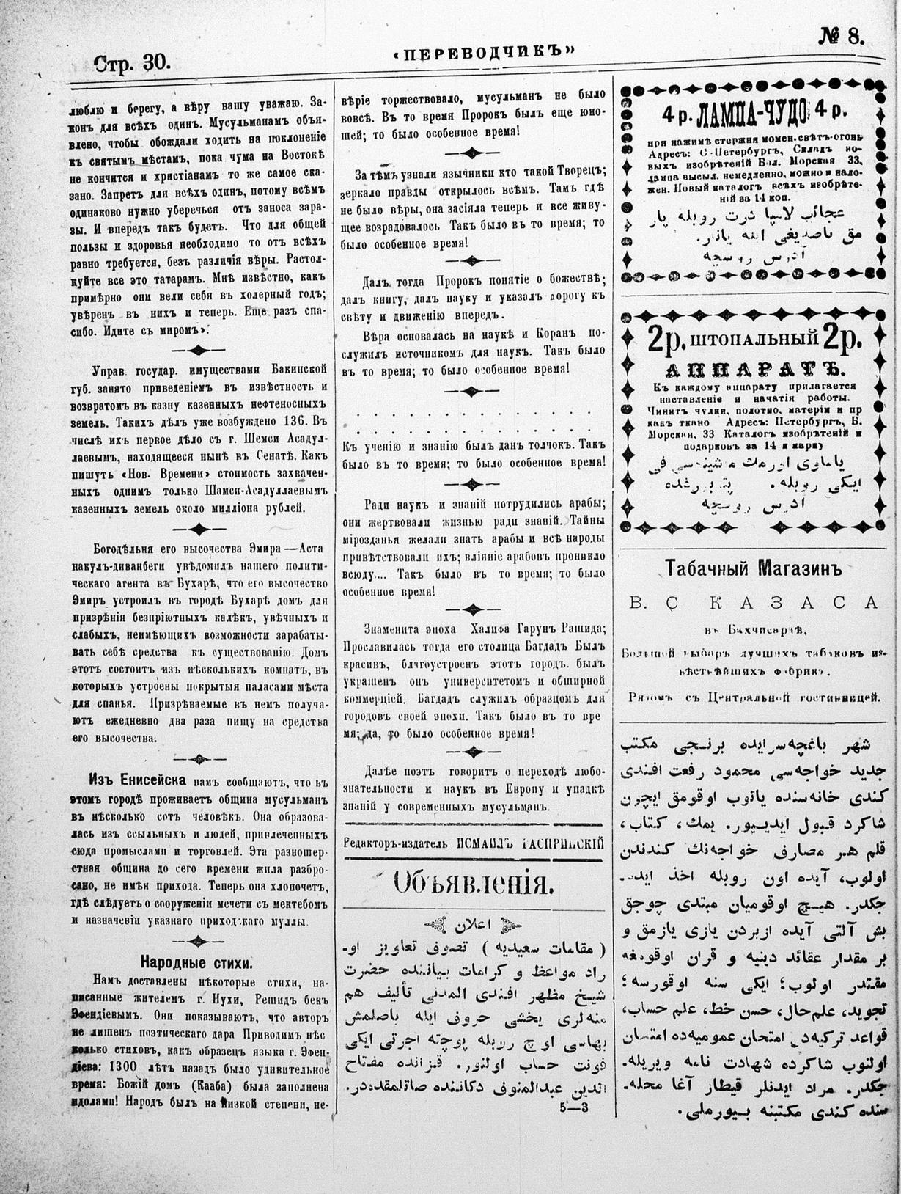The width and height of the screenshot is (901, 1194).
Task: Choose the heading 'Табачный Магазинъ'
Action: [750, 568]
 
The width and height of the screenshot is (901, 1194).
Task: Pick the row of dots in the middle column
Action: [473, 417]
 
